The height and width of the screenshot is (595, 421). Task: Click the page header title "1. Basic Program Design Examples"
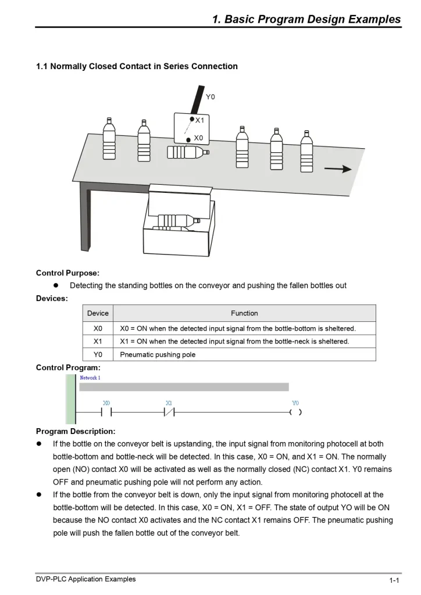pyautogui.click(x=306, y=19)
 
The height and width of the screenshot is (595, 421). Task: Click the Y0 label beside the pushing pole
pyautogui.click(x=211, y=97)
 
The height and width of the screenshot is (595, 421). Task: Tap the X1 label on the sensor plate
pyautogui.click(x=200, y=120)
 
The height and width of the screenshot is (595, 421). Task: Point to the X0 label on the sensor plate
pyautogui.click(x=199, y=138)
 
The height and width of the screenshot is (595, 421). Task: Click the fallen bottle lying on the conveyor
pyautogui.click(x=188, y=152)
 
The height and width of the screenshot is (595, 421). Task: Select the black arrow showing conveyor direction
pyautogui.click(x=338, y=169)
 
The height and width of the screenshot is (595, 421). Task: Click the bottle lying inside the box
pyautogui.click(x=177, y=221)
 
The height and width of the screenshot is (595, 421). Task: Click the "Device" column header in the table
pyautogui.click(x=98, y=313)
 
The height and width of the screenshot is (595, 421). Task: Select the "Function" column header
pyautogui.click(x=244, y=313)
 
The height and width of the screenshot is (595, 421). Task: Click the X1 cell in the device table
pyautogui.click(x=98, y=341)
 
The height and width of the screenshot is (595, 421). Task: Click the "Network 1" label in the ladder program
pyautogui.click(x=90, y=378)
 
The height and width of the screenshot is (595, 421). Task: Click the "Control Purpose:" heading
pyautogui.click(x=67, y=273)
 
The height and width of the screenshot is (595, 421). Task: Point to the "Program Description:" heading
pyautogui.click(x=76, y=431)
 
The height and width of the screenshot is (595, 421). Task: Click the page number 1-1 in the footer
pyautogui.click(x=394, y=580)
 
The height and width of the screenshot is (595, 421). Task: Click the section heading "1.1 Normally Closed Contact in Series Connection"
pyautogui.click(x=137, y=66)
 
